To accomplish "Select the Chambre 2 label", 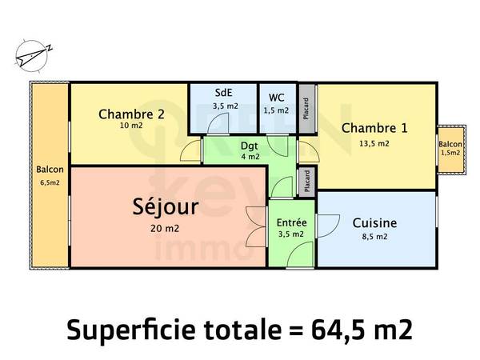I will coord(131,114).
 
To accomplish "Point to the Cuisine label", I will coord(374,223).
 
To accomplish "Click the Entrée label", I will coord(290,222).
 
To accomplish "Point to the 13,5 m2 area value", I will coord(374,144).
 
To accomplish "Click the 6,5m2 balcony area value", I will coord(49,182).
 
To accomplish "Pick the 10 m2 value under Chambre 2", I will coord(131,126).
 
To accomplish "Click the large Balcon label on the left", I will coord(49,170).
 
